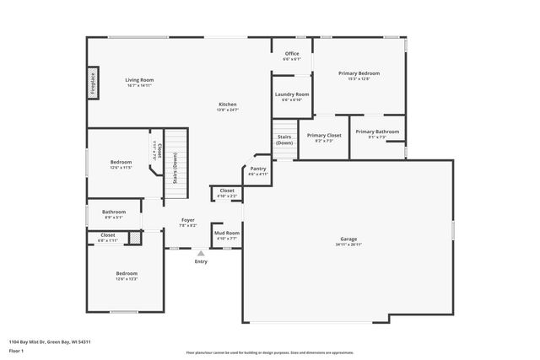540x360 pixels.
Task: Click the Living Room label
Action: (140, 80)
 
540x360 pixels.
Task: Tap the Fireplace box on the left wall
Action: (93, 83)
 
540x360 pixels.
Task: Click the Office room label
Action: (291, 54)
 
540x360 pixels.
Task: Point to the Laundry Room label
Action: (291, 94)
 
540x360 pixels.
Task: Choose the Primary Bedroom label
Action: (359, 73)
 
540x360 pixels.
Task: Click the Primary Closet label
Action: (324, 135)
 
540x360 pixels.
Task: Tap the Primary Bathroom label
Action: (377, 132)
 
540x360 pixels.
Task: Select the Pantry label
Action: (257, 169)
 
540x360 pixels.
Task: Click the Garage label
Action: (348, 239)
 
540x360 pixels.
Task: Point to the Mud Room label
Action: (226, 233)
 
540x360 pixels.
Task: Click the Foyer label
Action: (187, 220)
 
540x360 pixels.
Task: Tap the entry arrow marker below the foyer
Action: (201, 252)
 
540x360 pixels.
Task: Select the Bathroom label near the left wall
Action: (114, 212)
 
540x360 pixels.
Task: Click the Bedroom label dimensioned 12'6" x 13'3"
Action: (127, 273)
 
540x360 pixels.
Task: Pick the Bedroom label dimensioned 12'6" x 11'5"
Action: (121, 162)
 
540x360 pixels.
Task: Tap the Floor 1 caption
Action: (16, 350)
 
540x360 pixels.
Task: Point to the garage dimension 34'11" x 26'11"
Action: (348, 244)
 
